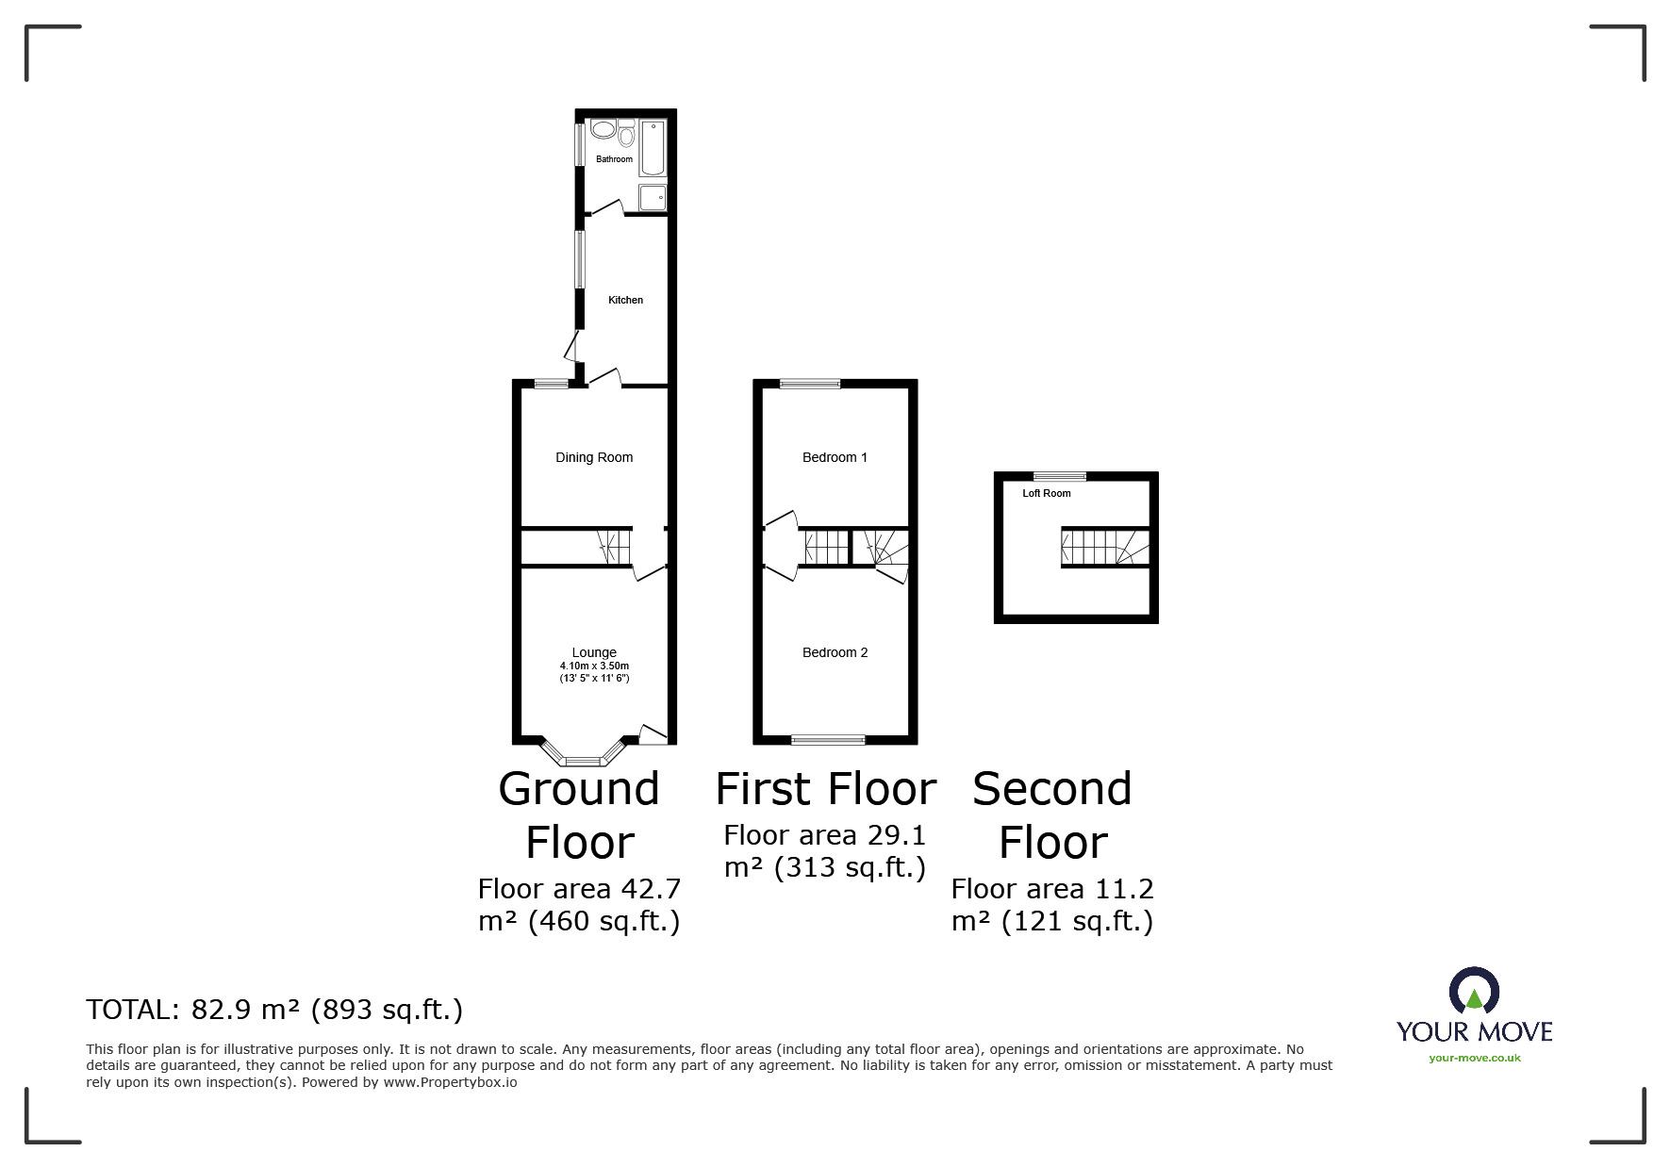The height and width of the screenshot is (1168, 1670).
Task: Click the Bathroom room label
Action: [x=614, y=159]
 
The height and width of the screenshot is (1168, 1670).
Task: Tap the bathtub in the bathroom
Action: [x=653, y=148]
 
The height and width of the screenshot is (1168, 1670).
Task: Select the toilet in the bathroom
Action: [x=626, y=133]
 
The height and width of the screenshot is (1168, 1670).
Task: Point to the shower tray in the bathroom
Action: [x=653, y=197]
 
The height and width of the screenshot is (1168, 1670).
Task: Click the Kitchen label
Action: [x=625, y=300]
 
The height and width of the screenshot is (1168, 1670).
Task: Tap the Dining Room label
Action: [x=594, y=457]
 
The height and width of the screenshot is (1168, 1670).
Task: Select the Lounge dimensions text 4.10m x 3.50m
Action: [x=594, y=666]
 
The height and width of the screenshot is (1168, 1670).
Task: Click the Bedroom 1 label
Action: [x=835, y=457]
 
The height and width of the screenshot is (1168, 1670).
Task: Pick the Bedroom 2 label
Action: [x=835, y=652]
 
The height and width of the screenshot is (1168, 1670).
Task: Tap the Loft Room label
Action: [x=1047, y=493]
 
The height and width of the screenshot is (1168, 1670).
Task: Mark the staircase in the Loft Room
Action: [x=1106, y=547]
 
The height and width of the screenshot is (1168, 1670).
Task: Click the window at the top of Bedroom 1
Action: [x=810, y=384]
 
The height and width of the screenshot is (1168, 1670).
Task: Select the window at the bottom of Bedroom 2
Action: [x=828, y=739]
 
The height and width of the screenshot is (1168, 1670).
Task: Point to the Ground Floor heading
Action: [x=579, y=815]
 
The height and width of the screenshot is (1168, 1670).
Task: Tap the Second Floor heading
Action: [x=1052, y=815]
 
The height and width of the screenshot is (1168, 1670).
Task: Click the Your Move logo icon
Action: [x=1474, y=991]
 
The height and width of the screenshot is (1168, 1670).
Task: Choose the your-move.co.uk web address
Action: [x=1475, y=1058]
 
